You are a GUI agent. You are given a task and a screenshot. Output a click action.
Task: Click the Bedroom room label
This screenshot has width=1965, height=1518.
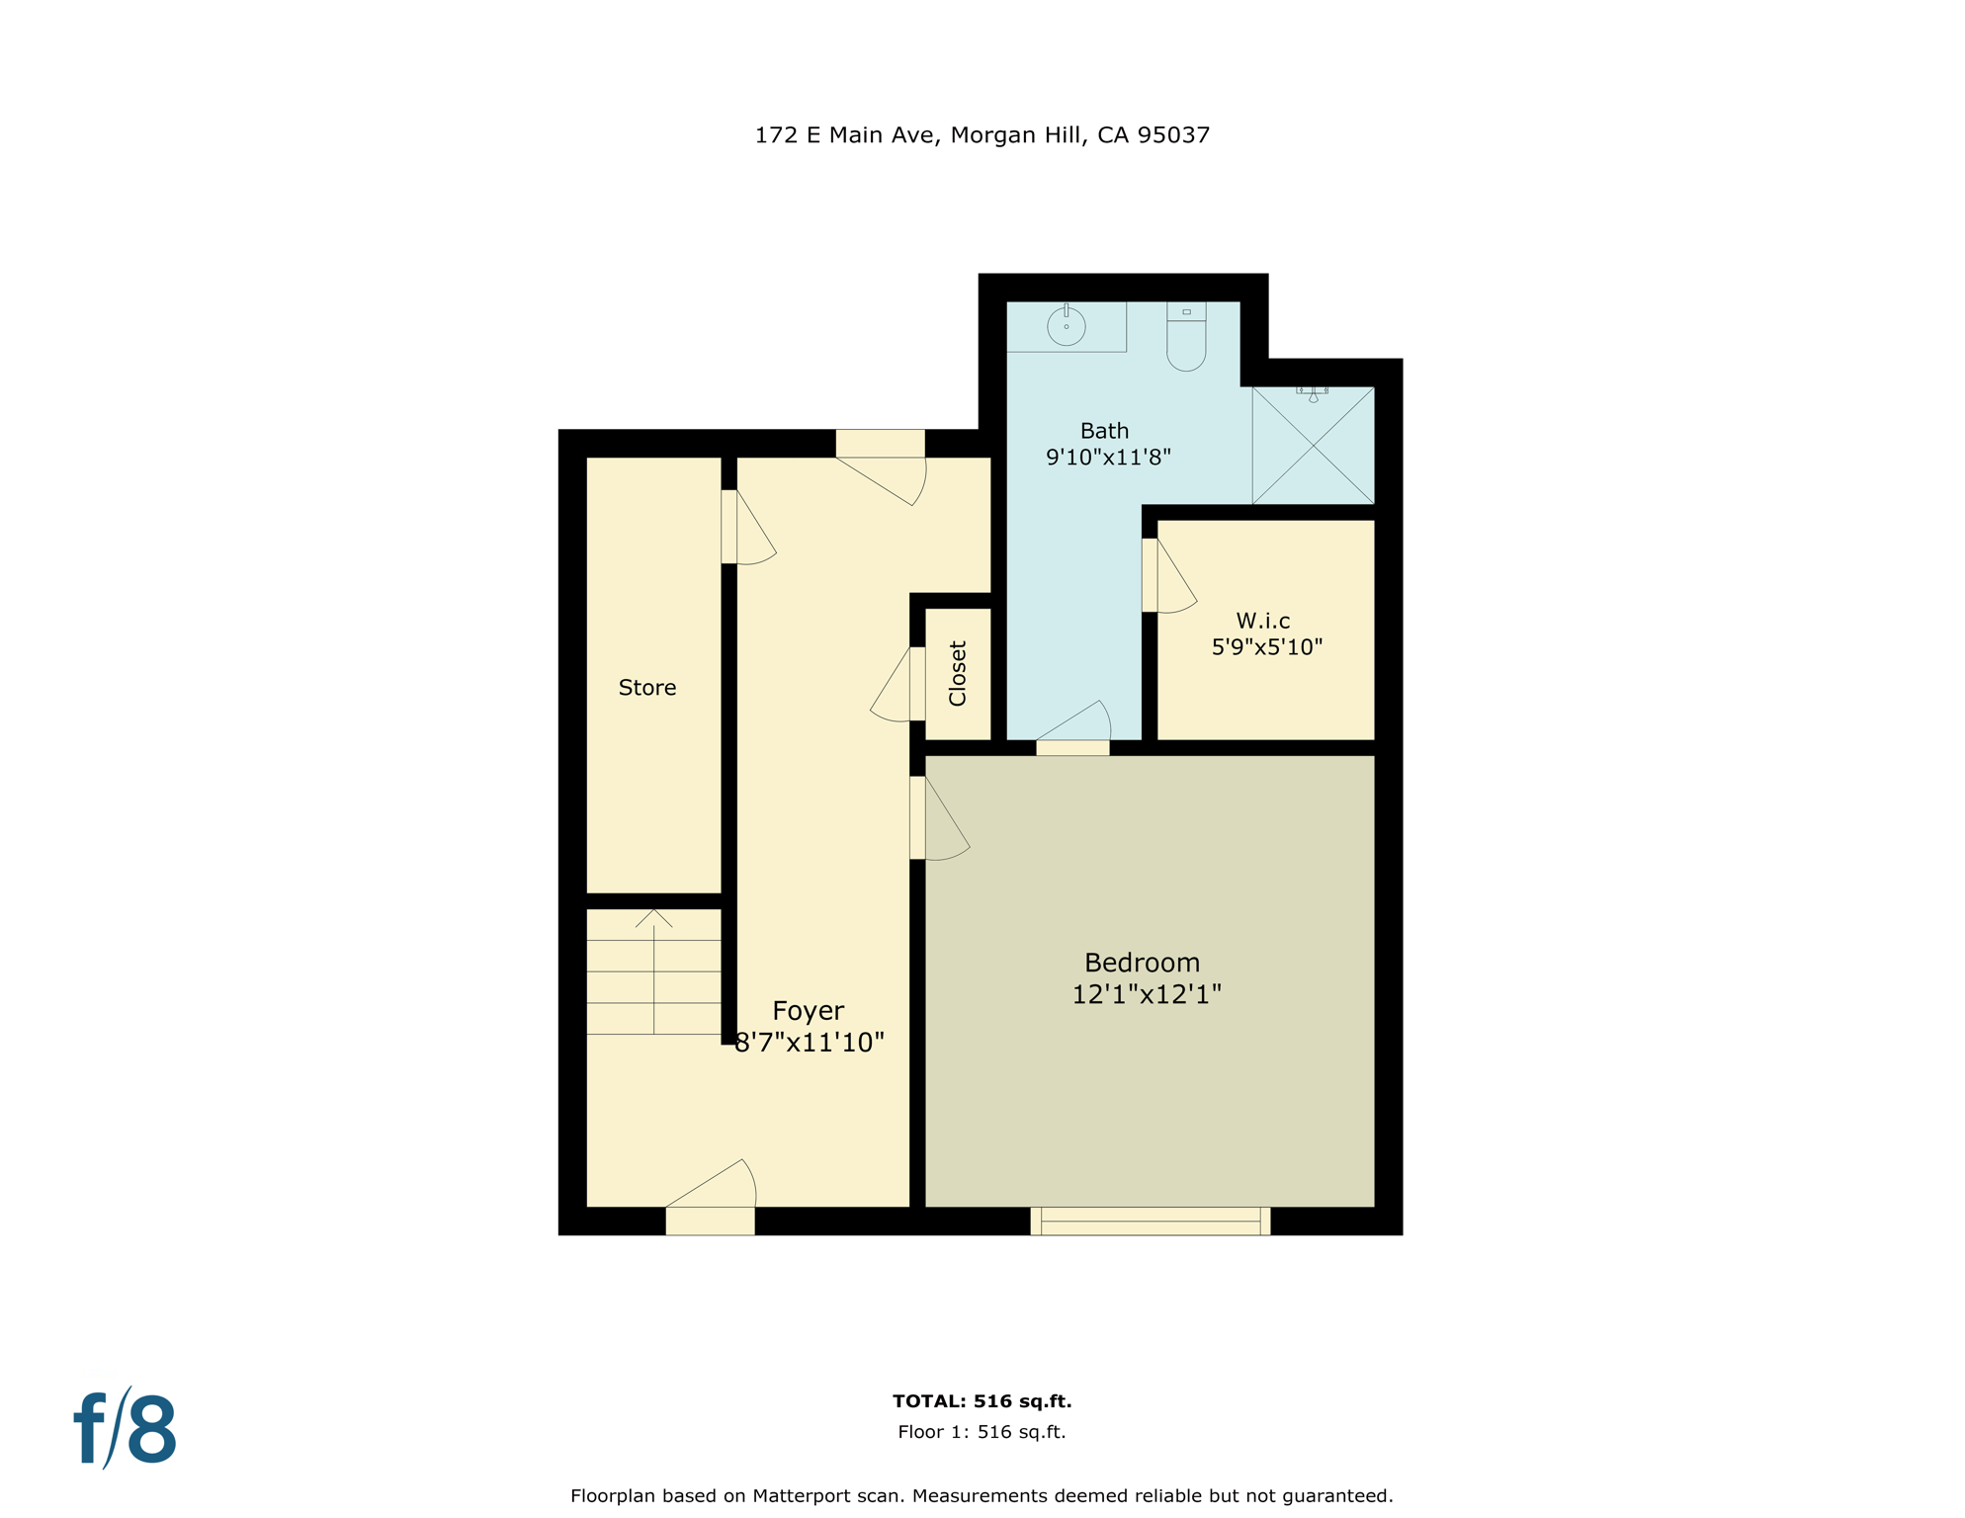tap(1142, 963)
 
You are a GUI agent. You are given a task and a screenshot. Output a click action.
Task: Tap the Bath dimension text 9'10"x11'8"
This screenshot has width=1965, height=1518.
tap(1108, 458)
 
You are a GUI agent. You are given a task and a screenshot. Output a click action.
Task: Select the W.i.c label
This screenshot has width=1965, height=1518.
tap(1263, 621)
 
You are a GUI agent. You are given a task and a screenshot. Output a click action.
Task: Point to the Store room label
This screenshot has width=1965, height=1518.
tap(647, 688)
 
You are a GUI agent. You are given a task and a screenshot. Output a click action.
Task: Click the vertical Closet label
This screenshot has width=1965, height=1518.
tap(958, 674)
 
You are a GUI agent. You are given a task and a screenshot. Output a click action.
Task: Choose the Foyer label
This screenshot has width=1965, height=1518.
tap(808, 1011)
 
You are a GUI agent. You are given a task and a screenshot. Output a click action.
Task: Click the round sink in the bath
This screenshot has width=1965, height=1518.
tap(1067, 325)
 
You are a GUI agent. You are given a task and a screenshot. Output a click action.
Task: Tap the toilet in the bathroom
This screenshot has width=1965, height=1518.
tap(1186, 338)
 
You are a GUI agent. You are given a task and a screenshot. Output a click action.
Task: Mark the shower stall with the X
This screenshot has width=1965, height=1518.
tap(1313, 446)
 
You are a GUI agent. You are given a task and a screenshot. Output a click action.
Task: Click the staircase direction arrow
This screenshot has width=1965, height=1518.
tap(653, 919)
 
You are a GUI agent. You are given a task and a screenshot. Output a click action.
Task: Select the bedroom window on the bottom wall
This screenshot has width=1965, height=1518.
tap(1150, 1222)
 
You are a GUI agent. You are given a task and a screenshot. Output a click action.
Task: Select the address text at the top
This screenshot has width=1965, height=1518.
tap(982, 135)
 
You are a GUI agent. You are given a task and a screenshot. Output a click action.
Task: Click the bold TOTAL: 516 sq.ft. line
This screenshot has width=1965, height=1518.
tap(982, 1401)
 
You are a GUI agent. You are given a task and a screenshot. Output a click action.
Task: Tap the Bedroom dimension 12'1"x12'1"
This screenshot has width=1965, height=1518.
tap(1147, 994)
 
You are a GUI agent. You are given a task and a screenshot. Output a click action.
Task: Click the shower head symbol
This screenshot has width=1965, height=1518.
tap(1313, 393)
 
